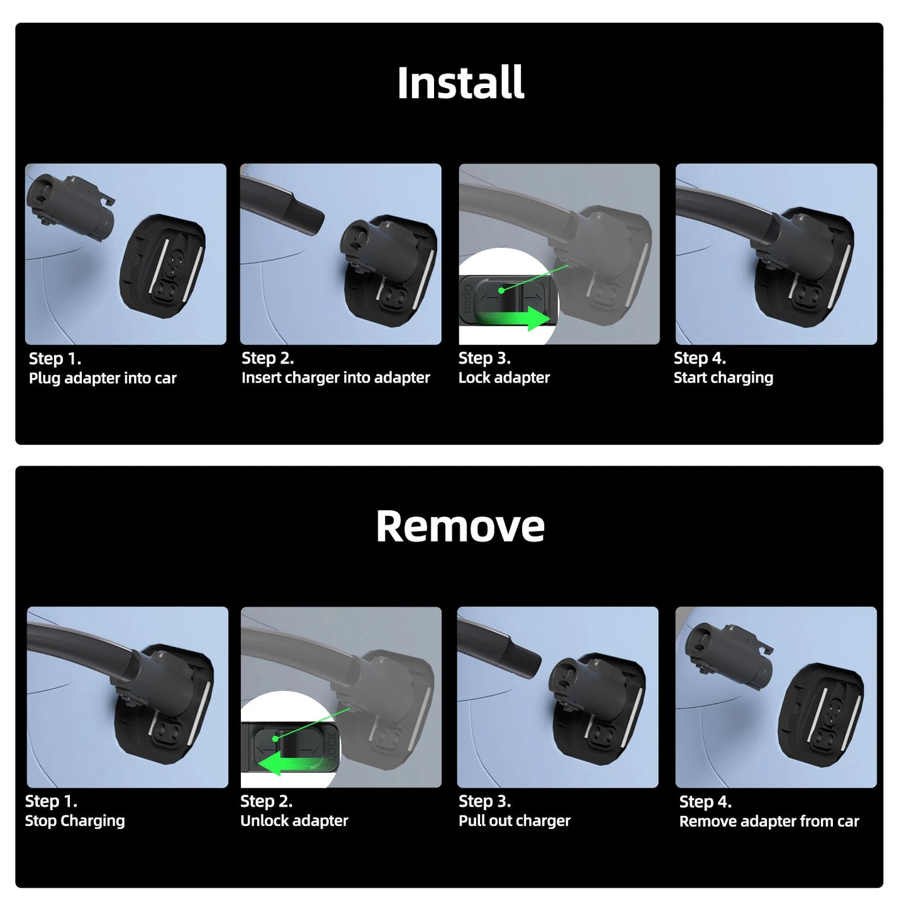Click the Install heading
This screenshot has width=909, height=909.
[x=460, y=83]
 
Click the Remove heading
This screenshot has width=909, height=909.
[x=460, y=526]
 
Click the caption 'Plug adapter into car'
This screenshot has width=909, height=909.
[x=103, y=378]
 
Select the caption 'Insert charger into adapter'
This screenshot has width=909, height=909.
[x=335, y=377]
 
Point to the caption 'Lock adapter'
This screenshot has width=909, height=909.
[x=504, y=377]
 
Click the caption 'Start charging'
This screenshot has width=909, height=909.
[x=723, y=377]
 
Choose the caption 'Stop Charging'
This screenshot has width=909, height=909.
[x=75, y=820]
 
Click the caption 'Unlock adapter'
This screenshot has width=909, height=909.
[x=294, y=820]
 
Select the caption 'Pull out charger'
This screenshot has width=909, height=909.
[x=514, y=820]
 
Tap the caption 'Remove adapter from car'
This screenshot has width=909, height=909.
[x=769, y=821]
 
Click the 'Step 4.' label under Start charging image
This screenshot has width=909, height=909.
[x=700, y=358]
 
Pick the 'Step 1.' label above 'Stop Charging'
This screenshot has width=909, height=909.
[x=51, y=801]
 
